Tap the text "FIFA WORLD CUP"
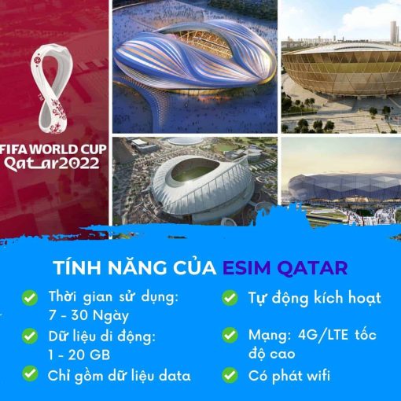53,149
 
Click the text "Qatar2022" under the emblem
52,164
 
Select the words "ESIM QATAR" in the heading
285,267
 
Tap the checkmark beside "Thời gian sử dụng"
30,298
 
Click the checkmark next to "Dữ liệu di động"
30,336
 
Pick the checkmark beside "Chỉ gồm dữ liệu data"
30,373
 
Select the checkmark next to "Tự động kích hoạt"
230,298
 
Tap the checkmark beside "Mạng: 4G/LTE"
230,335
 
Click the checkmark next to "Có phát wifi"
230,375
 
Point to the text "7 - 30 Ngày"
89,316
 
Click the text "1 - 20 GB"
79,355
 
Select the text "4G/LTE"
323,335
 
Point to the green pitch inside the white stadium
195,171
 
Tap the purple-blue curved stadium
195,57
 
